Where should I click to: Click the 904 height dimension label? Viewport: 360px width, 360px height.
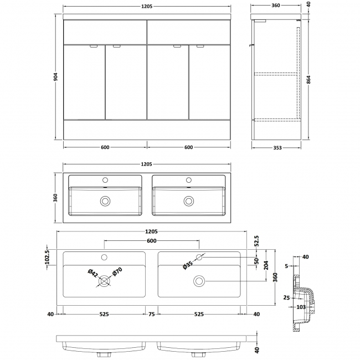(56, 78)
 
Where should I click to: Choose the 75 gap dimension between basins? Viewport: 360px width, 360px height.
(151, 315)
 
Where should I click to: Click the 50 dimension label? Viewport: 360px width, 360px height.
(256, 261)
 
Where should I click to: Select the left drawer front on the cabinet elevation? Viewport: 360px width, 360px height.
(105, 33)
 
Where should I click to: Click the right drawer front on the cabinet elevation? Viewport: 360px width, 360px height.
(189, 33)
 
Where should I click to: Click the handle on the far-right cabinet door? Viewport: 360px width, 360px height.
(199, 47)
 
